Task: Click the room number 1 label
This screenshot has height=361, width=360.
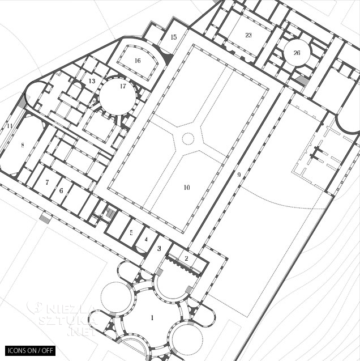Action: tap(152, 318)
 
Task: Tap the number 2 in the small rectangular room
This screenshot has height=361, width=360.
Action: tap(186, 258)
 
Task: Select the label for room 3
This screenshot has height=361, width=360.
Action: tap(159, 249)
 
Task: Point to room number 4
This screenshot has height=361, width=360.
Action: tap(145, 239)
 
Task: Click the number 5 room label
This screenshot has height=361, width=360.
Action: tap(131, 232)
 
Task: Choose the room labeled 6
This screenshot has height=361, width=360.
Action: tap(61, 191)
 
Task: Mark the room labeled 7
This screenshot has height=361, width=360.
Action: tap(47, 182)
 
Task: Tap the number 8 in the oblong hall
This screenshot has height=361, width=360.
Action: tap(23, 146)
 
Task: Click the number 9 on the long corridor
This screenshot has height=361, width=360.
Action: tap(239, 175)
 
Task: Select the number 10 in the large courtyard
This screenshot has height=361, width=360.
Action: tap(186, 188)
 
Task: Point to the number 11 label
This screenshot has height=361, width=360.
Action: tap(10, 126)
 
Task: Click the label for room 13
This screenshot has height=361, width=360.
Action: tap(92, 81)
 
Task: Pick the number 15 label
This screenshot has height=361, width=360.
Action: tap(173, 37)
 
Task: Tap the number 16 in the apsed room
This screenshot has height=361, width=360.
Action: tap(137, 61)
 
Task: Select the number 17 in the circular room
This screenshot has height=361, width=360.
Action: tap(123, 86)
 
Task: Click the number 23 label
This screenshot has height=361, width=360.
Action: tap(248, 35)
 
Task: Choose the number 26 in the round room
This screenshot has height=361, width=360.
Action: tap(297, 53)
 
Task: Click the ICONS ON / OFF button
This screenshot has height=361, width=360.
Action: tap(31, 350)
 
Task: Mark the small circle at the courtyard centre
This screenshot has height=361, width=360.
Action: tap(188, 138)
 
